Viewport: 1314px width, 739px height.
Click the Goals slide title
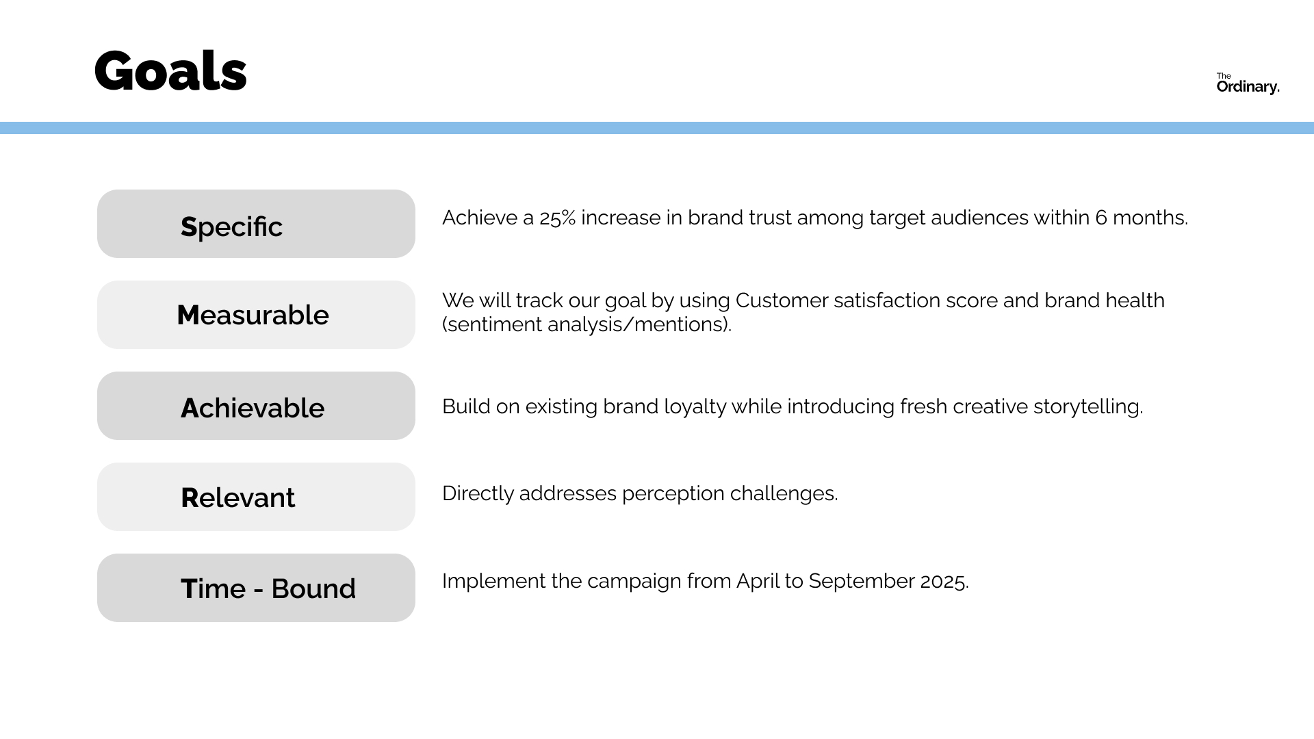[170, 70]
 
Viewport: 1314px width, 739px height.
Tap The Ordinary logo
[1248, 83]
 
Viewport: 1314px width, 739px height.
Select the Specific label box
[256, 224]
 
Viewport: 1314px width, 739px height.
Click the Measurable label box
[256, 315]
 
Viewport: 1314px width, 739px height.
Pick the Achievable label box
[256, 406]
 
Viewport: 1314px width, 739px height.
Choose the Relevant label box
[256, 497]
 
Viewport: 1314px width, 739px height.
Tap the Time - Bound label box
[256, 588]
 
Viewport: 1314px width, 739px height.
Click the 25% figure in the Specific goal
[557, 218]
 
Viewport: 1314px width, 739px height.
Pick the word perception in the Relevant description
[673, 494]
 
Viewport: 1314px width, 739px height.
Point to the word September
[862, 582]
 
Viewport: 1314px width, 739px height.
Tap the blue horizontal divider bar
[657, 128]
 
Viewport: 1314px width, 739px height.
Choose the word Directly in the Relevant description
[478, 494]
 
